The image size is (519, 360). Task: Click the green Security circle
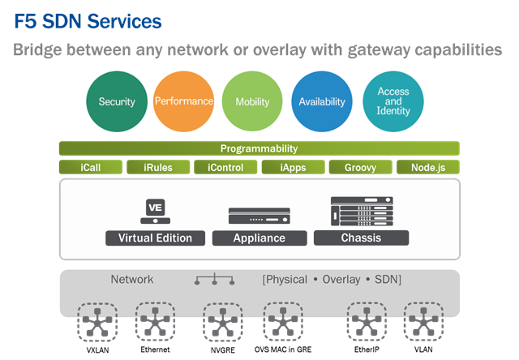pyautogui.click(x=117, y=101)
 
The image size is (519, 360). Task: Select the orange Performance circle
pyautogui.click(x=184, y=101)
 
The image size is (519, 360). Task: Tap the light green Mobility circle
pyautogui.click(x=252, y=101)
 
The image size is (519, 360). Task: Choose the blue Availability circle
pyautogui.click(x=322, y=101)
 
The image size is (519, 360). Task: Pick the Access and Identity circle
pyautogui.click(x=393, y=101)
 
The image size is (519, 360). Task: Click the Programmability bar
pyautogui.click(x=259, y=148)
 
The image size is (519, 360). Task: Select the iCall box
pyautogui.click(x=91, y=168)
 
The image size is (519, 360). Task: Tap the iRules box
pyautogui.click(x=157, y=168)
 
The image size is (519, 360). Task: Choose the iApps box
pyautogui.click(x=292, y=168)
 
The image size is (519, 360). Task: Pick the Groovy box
pyautogui.click(x=359, y=168)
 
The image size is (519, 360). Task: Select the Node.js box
pyautogui.click(x=427, y=168)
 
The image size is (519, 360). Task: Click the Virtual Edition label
pyautogui.click(x=155, y=238)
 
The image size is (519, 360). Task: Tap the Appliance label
pyautogui.click(x=259, y=238)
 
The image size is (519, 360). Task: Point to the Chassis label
pyautogui.click(x=361, y=238)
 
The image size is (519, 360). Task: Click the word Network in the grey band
pyautogui.click(x=131, y=280)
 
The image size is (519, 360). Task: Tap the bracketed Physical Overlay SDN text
pyautogui.click(x=332, y=280)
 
